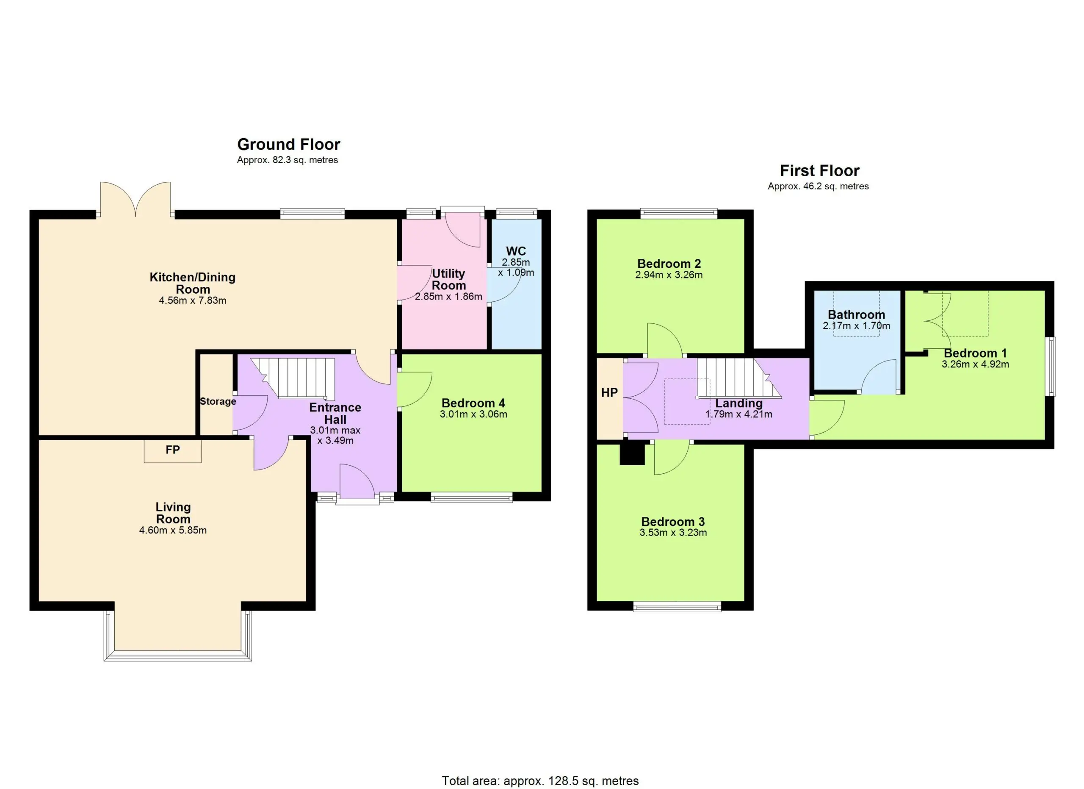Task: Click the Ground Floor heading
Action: (x=289, y=144)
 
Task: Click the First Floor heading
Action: (x=819, y=171)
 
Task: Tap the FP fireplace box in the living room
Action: (x=172, y=450)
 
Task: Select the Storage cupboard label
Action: (x=218, y=401)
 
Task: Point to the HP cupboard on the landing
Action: (x=609, y=398)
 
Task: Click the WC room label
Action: (x=516, y=251)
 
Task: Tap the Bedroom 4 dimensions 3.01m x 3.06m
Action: (x=473, y=414)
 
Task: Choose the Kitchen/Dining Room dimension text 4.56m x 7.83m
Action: (x=193, y=300)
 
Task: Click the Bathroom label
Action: (x=856, y=315)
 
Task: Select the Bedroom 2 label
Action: (x=669, y=264)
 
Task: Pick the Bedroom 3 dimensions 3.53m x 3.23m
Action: (x=673, y=532)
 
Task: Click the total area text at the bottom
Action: (x=540, y=781)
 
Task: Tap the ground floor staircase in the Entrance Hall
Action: (x=293, y=378)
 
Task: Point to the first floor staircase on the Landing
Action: (x=738, y=378)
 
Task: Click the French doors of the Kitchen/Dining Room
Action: (x=135, y=200)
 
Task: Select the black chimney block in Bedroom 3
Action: (x=632, y=454)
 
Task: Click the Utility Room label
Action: (x=448, y=279)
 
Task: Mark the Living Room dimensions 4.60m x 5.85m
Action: (x=173, y=530)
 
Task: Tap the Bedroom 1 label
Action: (x=975, y=353)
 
